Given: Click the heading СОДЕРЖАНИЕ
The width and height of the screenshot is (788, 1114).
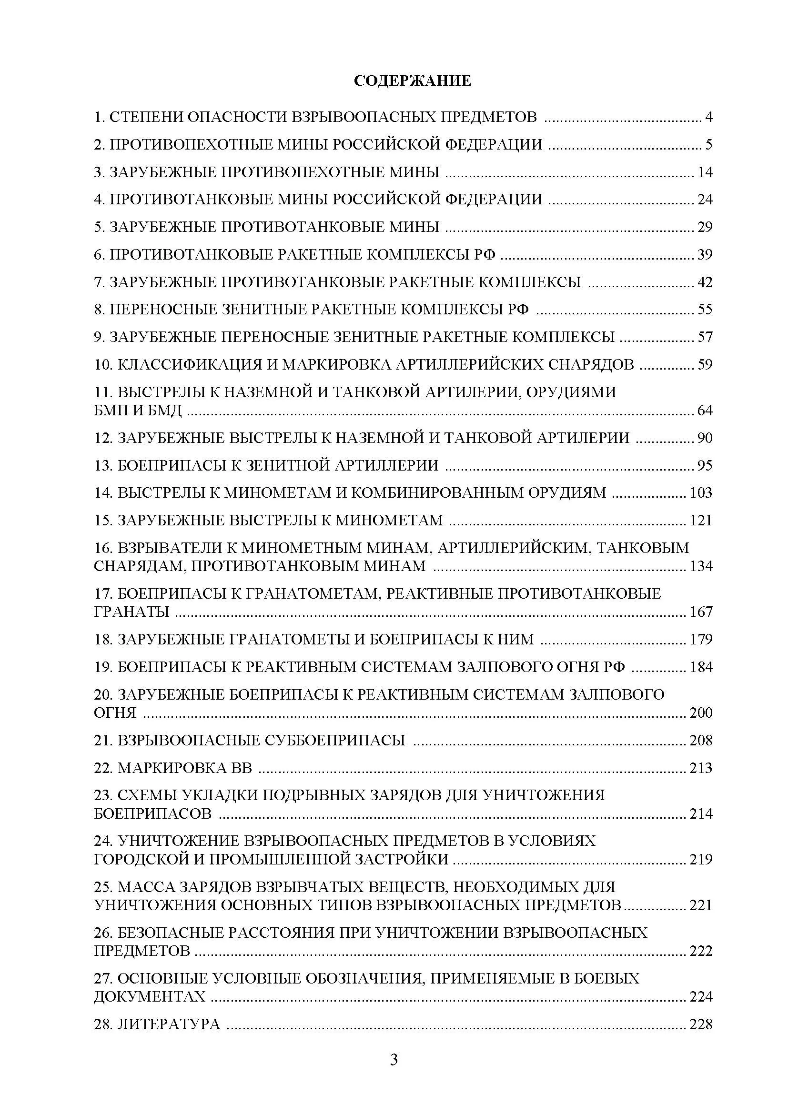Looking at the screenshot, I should (412, 80).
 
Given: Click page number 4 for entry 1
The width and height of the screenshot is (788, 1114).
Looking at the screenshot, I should (708, 117).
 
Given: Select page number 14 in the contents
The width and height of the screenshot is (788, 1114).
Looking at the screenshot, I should (705, 172).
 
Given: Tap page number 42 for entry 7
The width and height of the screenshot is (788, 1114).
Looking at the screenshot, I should (705, 282).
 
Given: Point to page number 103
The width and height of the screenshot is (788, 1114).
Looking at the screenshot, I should (701, 492).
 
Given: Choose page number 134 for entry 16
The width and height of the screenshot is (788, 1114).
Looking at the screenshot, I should (701, 566).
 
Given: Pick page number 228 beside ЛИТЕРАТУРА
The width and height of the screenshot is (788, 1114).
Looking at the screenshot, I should (701, 1024).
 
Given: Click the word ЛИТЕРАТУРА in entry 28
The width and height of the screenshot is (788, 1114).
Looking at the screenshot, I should (169, 1024).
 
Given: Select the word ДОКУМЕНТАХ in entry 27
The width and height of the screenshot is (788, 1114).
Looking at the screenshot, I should (150, 996).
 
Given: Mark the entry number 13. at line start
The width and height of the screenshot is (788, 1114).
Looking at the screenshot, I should (103, 465).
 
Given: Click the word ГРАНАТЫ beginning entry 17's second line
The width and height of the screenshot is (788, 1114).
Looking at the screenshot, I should (131, 612).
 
